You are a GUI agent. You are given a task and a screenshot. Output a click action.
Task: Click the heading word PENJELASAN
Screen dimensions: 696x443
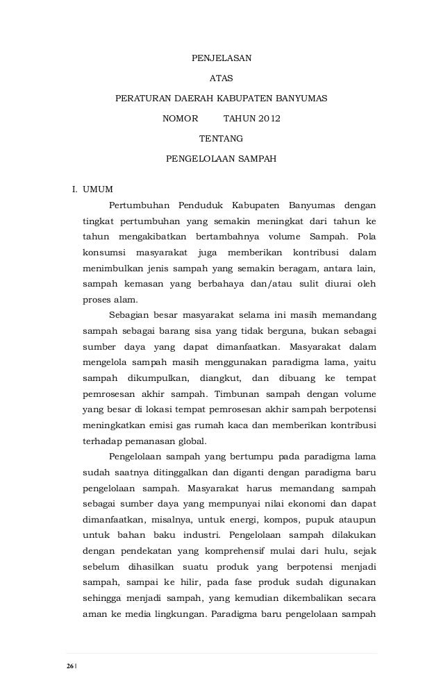221,57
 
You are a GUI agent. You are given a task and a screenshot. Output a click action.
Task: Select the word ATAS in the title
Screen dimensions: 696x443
221,78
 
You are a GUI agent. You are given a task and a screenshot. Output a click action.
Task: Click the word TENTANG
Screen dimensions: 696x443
221,139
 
